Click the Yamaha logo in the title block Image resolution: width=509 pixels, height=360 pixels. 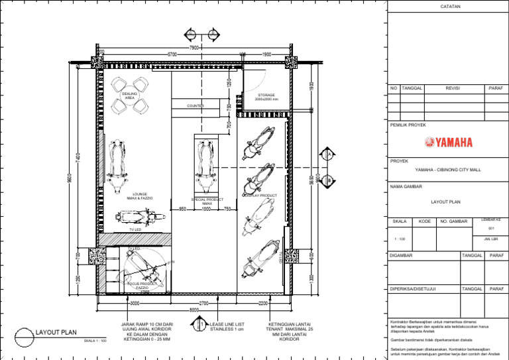[449, 142]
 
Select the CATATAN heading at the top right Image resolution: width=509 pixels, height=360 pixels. [450, 7]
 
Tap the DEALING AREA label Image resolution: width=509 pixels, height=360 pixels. [130, 97]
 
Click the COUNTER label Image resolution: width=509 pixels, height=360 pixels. [195, 105]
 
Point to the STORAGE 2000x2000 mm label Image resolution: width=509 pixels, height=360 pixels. [266, 97]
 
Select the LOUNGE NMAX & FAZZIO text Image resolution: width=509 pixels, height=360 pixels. [139, 196]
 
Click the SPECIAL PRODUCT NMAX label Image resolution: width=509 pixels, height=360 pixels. [207, 201]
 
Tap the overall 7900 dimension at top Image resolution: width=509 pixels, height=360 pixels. [194, 48]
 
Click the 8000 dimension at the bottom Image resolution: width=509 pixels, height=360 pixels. [194, 310]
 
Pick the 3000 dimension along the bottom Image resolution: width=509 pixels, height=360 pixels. [134, 303]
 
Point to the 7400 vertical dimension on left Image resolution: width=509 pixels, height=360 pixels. [78, 160]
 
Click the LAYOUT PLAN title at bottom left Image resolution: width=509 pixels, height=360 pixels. [58, 331]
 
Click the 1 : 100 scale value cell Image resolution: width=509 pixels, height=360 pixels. [400, 239]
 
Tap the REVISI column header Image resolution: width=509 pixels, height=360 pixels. [453, 88]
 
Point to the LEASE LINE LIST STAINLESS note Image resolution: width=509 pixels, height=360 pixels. [227, 326]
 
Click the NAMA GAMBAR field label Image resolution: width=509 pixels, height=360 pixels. [407, 186]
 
